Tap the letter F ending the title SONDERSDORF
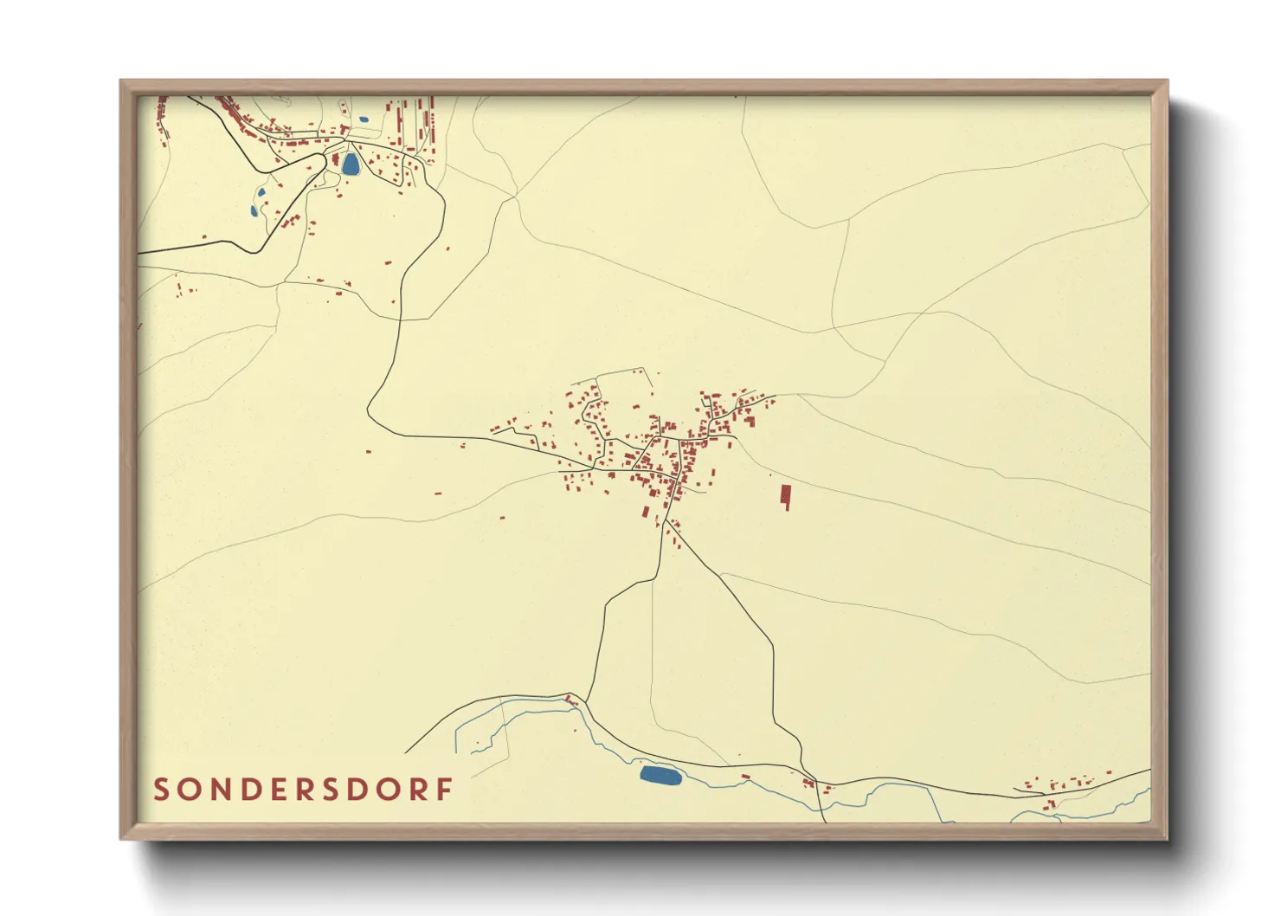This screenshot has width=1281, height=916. pyautogui.click(x=445, y=790)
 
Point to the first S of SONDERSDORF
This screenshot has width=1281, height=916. pyautogui.click(x=161, y=790)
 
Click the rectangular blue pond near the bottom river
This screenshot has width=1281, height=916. pyautogui.click(x=660, y=775)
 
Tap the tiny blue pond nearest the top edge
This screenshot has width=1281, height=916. pyautogui.click(x=364, y=119)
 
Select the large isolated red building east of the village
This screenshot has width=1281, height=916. pyautogui.click(x=786, y=496)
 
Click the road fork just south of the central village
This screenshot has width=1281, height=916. pyautogui.click(x=666, y=522)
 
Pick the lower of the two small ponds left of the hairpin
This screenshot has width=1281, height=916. pyautogui.click(x=254, y=210)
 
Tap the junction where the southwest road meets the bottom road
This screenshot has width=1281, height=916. pyautogui.click(x=587, y=702)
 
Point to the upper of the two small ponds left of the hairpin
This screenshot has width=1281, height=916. pyautogui.click(x=261, y=193)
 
